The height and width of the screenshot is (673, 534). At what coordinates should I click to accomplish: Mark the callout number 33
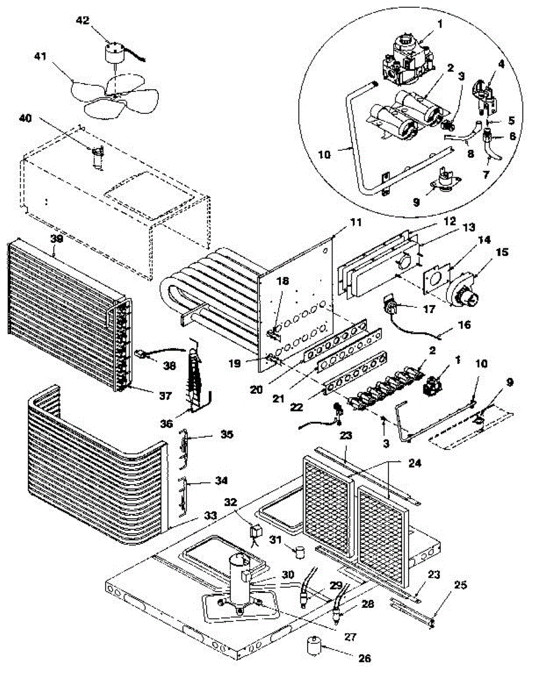coord(194,514)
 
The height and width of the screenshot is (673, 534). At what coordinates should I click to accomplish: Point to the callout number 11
coord(357,222)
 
